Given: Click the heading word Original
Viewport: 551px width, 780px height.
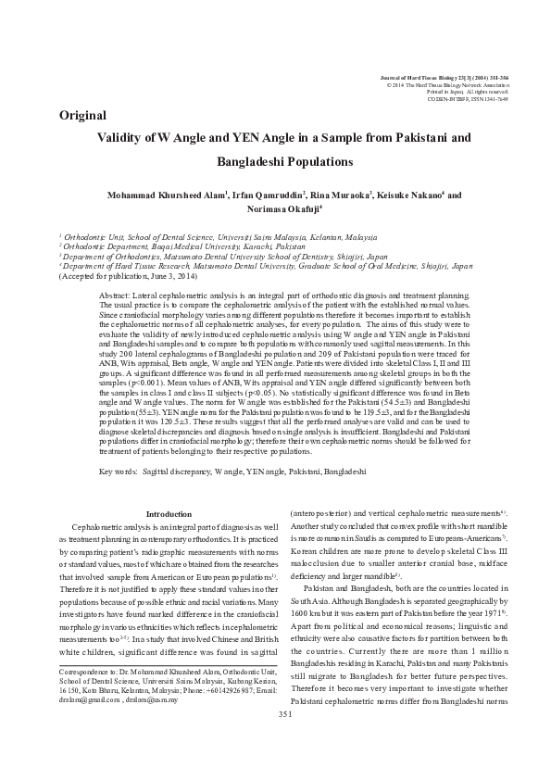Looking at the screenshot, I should pos(82,116).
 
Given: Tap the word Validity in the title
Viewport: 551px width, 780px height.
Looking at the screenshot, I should pos(120,138).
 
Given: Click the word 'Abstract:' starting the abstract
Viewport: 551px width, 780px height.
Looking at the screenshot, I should pos(115,294).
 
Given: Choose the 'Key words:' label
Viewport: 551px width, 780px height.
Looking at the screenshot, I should pos(119,472).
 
